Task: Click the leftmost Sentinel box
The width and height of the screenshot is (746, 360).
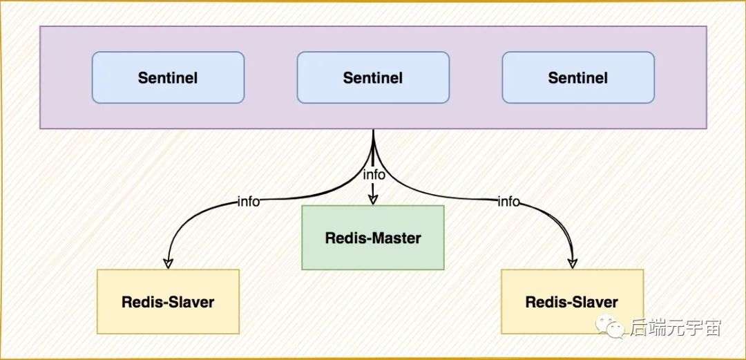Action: click(x=168, y=77)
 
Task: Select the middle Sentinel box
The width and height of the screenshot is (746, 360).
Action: click(x=373, y=77)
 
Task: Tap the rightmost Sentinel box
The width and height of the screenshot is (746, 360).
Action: click(x=578, y=77)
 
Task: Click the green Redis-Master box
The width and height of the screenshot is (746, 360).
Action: click(x=373, y=238)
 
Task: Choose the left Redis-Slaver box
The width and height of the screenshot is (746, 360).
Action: click(x=168, y=301)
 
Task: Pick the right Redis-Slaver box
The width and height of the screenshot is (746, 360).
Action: click(x=572, y=301)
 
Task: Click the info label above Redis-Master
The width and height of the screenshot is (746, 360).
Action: click(x=374, y=175)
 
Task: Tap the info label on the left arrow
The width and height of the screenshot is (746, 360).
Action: click(x=249, y=202)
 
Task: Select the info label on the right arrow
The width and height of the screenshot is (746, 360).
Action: click(x=508, y=202)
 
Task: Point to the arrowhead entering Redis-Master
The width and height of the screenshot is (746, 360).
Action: click(x=373, y=200)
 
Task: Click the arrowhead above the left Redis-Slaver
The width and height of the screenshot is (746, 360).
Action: click(x=168, y=263)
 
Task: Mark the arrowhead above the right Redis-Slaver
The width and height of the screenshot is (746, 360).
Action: click(x=573, y=263)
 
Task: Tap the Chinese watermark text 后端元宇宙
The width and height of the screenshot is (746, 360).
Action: click(x=676, y=328)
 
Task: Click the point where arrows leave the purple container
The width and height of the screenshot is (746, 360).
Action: click(x=373, y=129)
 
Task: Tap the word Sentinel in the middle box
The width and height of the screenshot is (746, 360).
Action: click(x=373, y=77)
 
